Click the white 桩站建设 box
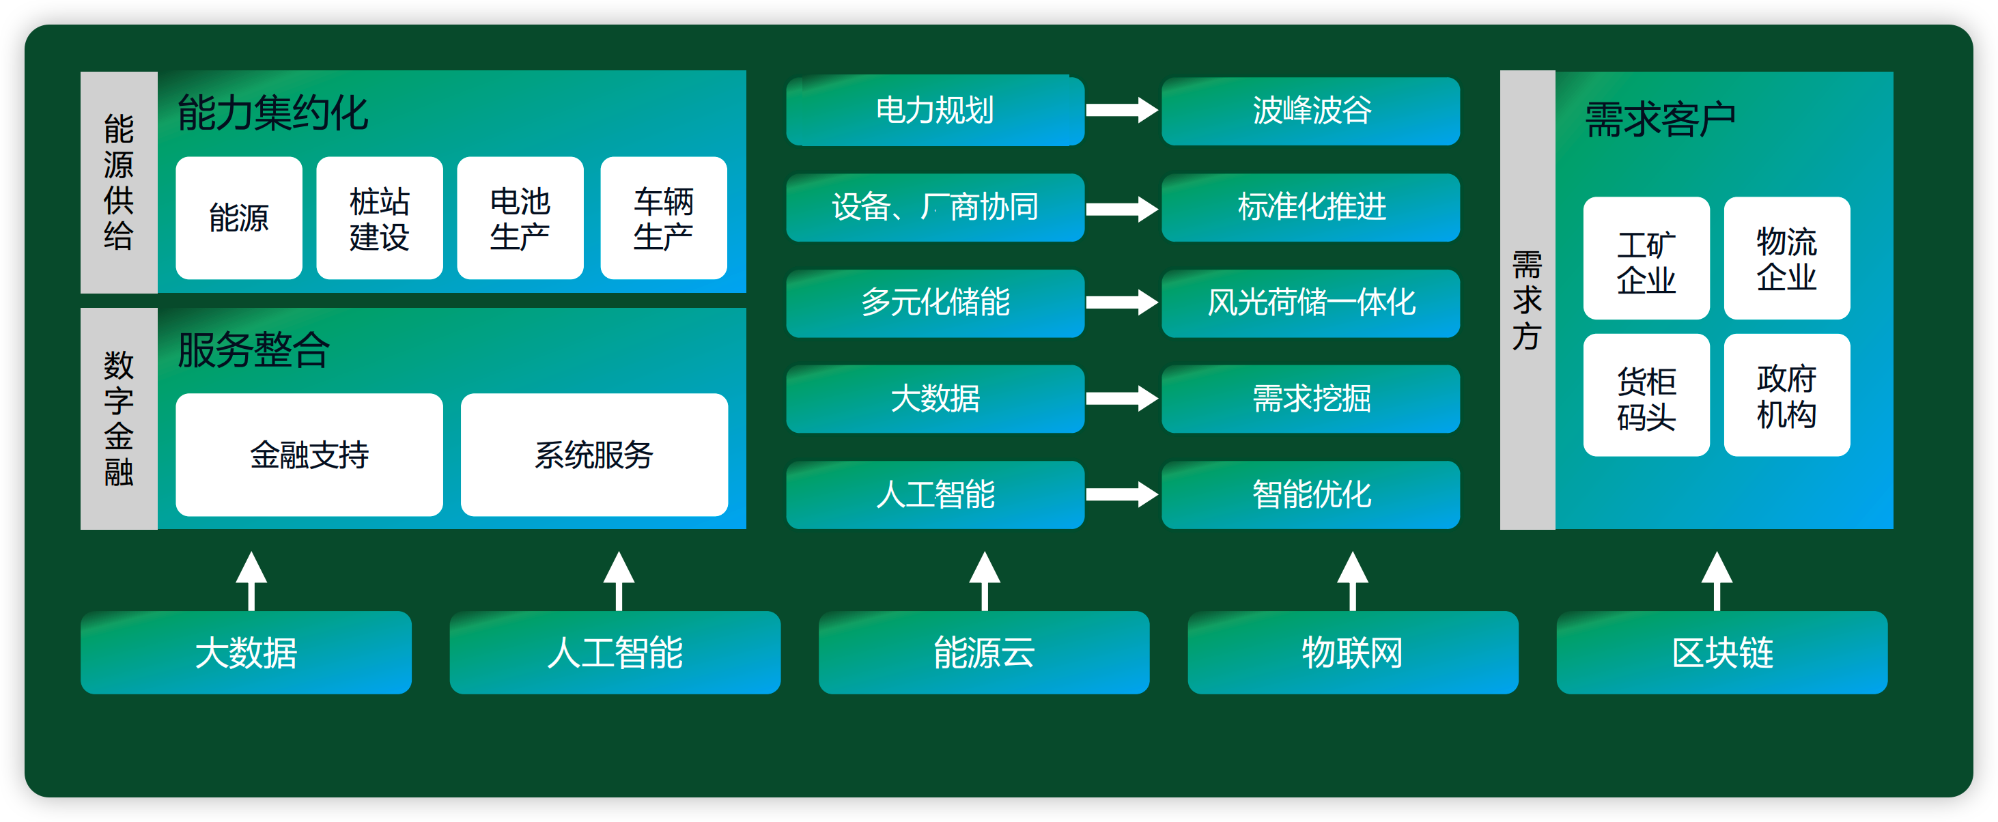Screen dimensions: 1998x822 pos(379,218)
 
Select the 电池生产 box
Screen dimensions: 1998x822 pos(520,218)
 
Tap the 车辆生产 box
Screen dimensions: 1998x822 pos(664,218)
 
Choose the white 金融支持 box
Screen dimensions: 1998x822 pos(309,455)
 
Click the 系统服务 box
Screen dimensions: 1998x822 pos(594,455)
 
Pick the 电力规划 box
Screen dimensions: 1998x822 pos(935,110)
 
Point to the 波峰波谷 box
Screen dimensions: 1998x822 pos(1311,110)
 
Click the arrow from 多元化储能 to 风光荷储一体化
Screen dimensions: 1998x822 pos(1121,302)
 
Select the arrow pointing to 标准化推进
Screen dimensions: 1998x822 pos(1121,208)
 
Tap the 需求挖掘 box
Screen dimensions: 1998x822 pos(1311,399)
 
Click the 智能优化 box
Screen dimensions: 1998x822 pos(1311,495)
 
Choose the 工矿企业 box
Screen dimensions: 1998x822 pos(1646,258)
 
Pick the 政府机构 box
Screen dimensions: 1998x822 pos(1787,395)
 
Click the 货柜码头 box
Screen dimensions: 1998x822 pos(1646,395)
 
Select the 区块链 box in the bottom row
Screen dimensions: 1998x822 pos(1722,652)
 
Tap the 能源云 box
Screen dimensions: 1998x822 pos(984,652)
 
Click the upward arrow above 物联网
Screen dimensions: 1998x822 pos(1353,581)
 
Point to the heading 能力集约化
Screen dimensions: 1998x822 pos(272,113)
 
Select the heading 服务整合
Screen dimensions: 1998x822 pos(253,350)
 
